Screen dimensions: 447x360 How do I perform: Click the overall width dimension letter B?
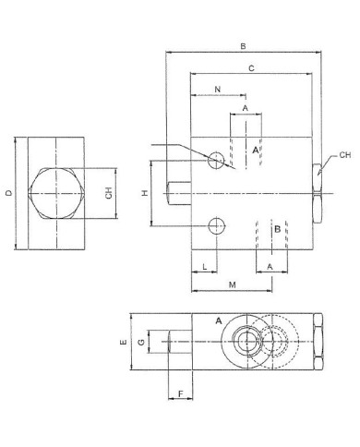click(242, 45)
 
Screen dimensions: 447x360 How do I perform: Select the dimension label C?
click(251, 67)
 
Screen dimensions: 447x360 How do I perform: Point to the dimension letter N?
click(217, 89)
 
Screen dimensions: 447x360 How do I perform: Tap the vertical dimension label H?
click(144, 193)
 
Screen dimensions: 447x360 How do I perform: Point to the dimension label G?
click(141, 342)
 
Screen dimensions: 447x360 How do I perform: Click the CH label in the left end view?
click(108, 195)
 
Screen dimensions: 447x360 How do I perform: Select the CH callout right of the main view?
click(344, 155)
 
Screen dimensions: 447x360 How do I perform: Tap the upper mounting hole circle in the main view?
click(217, 161)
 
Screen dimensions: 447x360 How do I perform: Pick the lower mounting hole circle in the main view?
click(217, 223)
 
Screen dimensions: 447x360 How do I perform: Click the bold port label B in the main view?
click(277, 230)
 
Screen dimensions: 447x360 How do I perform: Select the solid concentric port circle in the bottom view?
click(248, 342)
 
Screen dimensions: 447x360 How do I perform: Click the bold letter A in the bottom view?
click(219, 320)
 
